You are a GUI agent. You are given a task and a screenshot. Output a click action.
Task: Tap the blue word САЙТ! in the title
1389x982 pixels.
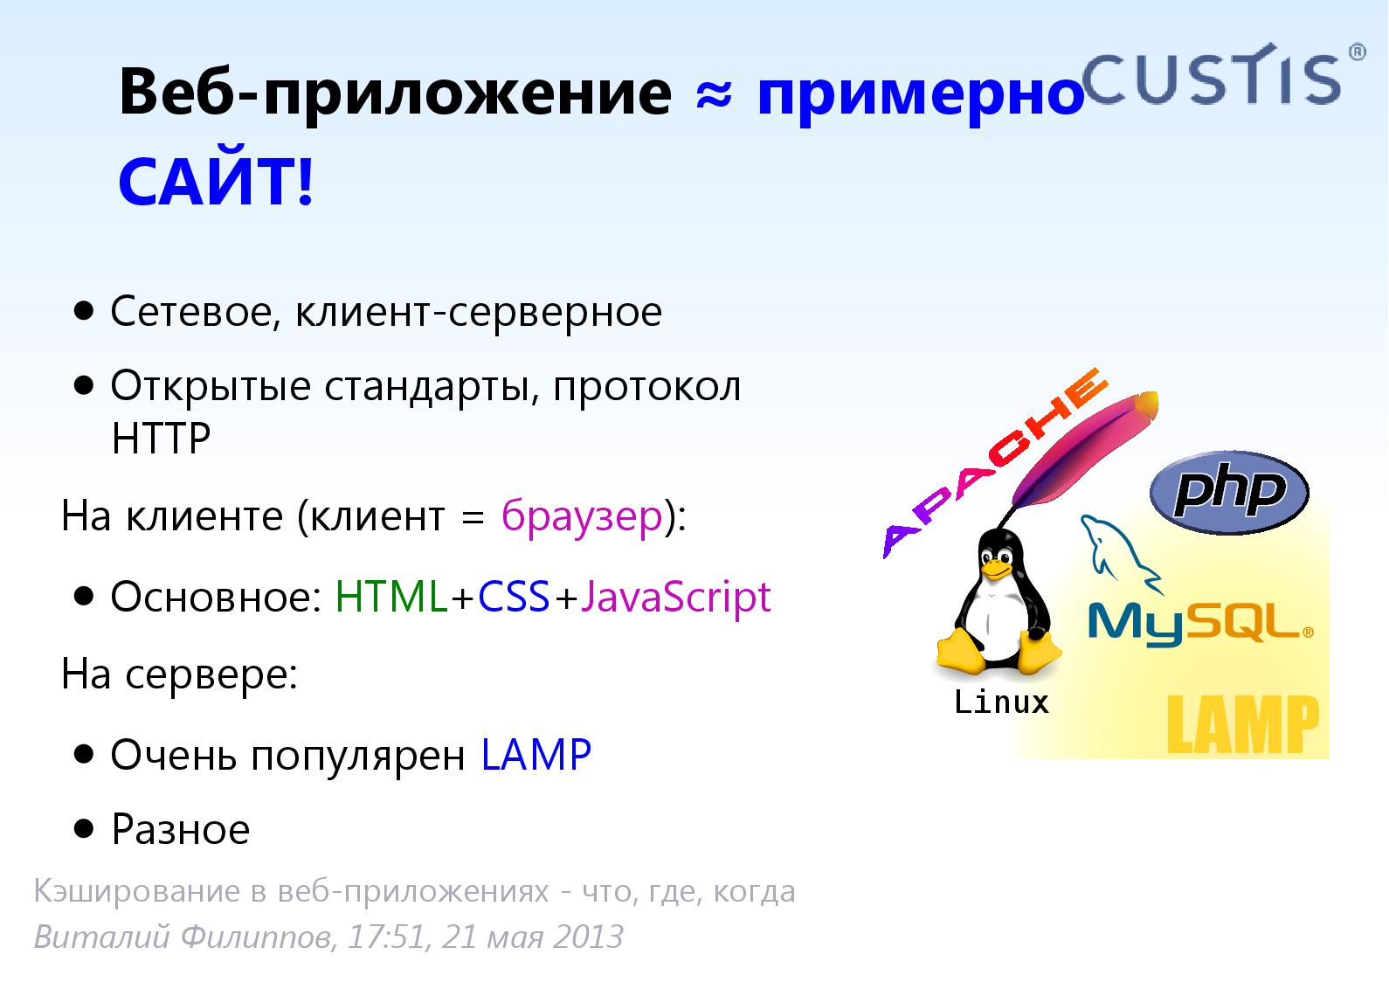[217, 182]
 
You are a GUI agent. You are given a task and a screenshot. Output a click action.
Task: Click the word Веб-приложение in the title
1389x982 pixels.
[395, 94]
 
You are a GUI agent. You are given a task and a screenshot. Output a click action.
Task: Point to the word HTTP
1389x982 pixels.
[162, 438]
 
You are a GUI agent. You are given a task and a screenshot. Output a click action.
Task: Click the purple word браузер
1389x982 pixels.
[582, 516]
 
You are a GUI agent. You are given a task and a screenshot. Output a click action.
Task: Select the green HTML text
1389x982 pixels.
[391, 597]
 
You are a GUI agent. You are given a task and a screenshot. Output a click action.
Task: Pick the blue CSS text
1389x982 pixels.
[514, 597]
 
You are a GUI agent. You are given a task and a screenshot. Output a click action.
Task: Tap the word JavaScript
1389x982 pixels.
[675, 598]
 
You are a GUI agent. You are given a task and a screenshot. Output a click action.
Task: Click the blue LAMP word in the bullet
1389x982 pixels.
[536, 755]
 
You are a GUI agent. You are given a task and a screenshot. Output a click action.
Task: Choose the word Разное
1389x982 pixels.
[181, 829]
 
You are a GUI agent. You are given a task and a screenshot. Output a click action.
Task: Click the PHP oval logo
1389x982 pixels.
[1229, 492]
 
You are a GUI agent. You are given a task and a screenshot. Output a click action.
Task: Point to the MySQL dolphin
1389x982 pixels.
[1119, 549]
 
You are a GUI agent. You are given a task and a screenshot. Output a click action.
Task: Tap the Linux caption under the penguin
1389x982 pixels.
[1001, 702]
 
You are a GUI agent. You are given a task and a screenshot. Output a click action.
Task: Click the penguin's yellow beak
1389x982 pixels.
[996, 569]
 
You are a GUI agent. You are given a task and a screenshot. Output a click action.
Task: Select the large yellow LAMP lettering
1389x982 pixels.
[1242, 724]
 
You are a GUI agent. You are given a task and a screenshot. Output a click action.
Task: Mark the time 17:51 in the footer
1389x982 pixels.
[388, 937]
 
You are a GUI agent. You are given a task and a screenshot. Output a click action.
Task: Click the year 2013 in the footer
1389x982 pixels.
[588, 937]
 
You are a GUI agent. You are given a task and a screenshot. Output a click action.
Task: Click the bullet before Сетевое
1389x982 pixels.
[83, 310]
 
